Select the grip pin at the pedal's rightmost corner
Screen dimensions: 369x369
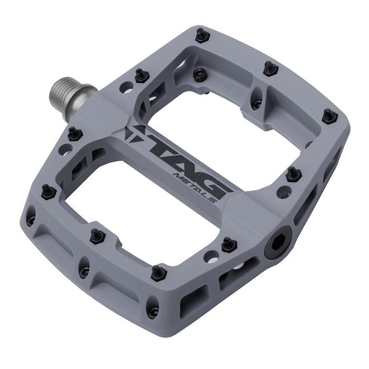tap(330, 115)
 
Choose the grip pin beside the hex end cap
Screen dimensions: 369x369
tap(228, 244)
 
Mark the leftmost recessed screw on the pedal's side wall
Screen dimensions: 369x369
tap(31, 220)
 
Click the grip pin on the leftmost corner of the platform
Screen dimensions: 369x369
tap(48, 191)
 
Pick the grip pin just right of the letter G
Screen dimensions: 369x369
tap(292, 174)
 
